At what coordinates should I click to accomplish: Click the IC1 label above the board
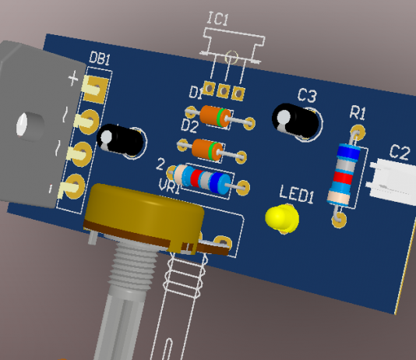click(218, 19)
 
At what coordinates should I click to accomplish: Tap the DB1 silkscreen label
click(100, 58)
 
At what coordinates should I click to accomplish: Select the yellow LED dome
click(282, 218)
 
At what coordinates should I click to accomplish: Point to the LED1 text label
click(297, 194)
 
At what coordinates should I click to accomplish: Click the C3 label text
click(307, 95)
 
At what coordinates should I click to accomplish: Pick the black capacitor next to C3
click(295, 121)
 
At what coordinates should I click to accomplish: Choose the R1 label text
click(358, 112)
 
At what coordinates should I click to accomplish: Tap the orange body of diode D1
click(215, 115)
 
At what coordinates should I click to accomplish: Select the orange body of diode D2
click(207, 150)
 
